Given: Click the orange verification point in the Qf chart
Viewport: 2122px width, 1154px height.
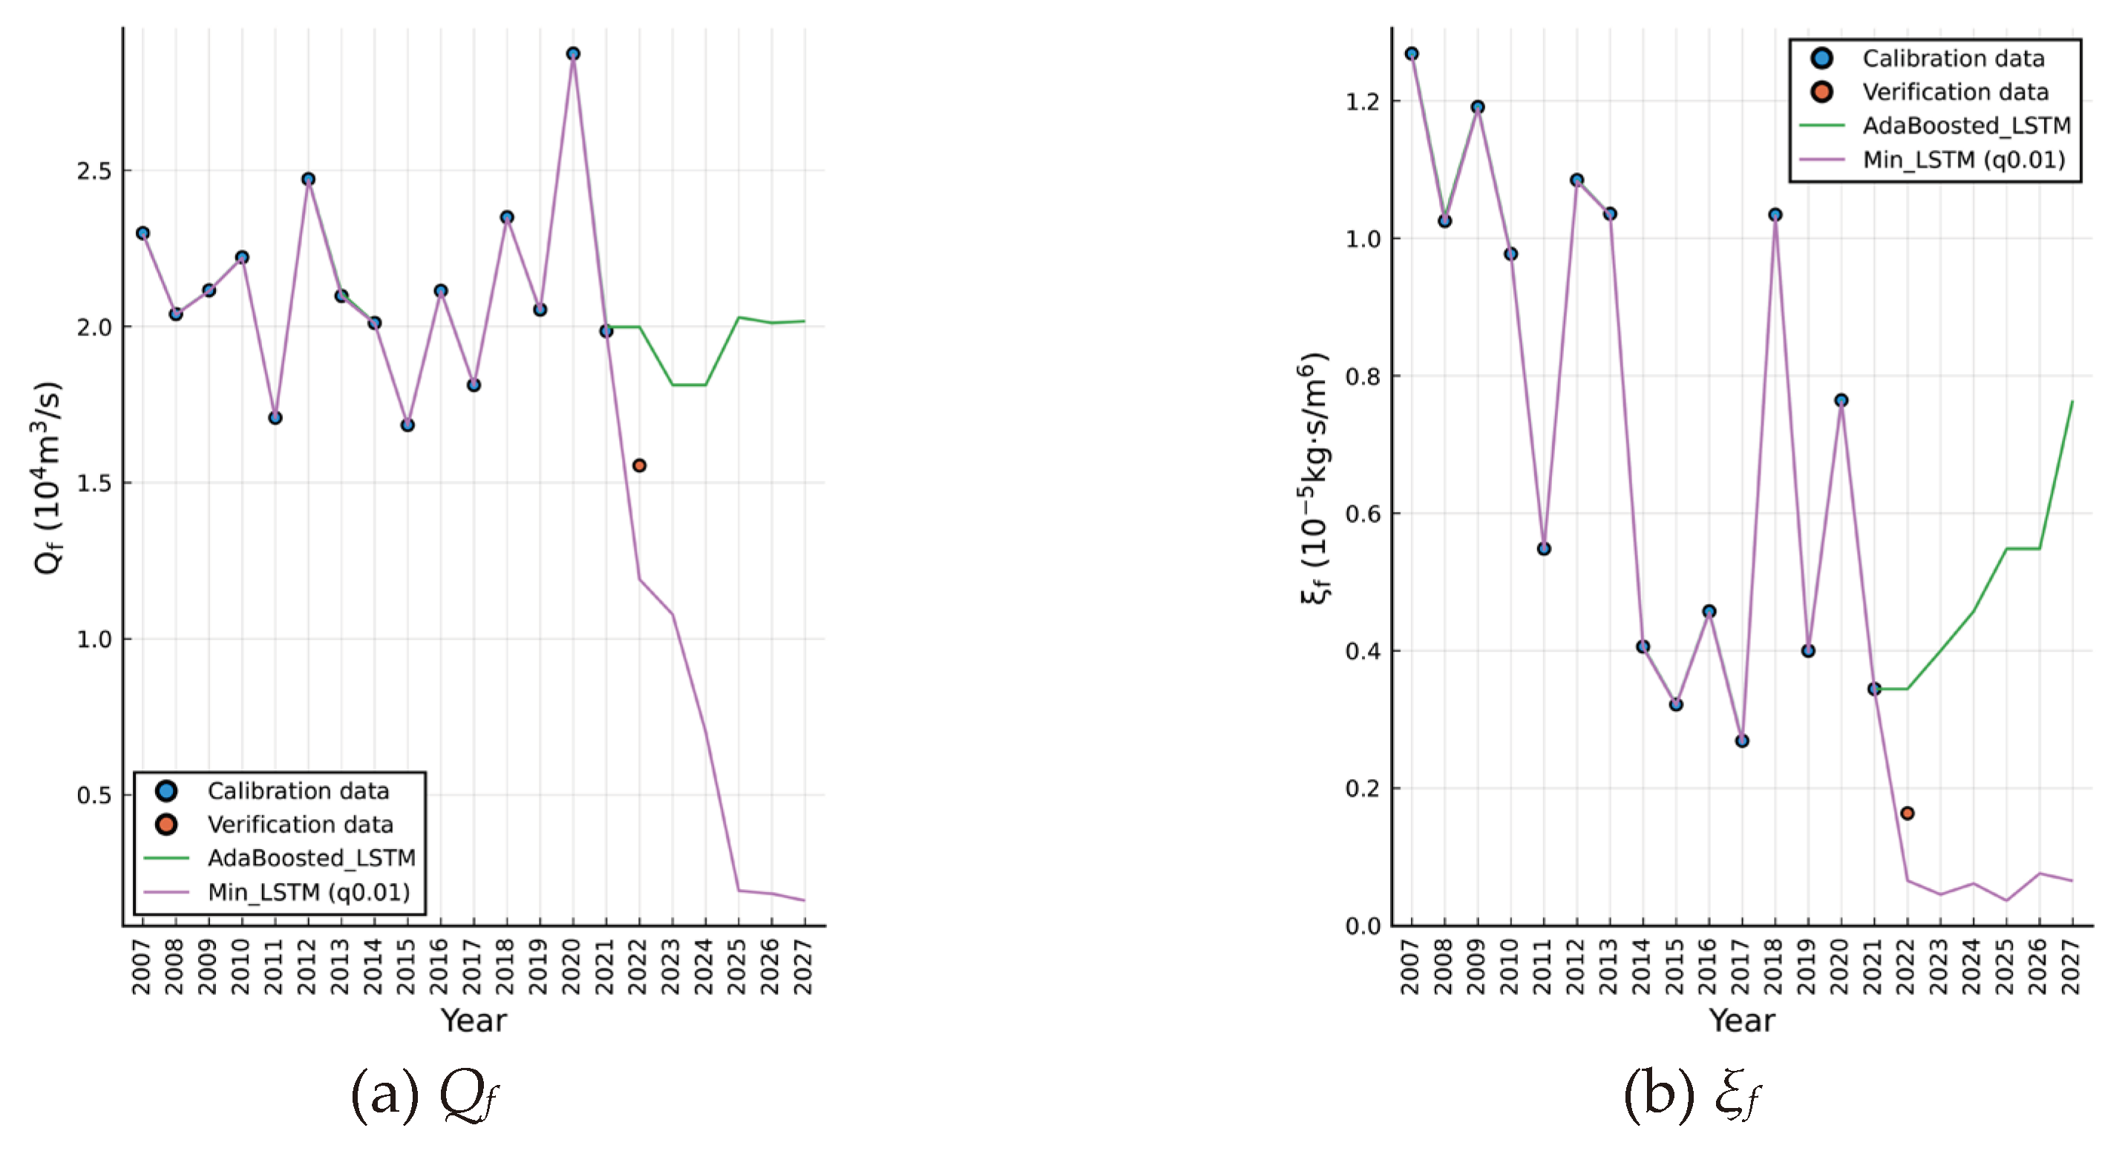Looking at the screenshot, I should (639, 465).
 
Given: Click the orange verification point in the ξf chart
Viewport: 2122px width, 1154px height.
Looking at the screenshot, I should (1907, 813).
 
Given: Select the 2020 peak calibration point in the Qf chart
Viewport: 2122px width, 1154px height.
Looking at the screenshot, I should (573, 53).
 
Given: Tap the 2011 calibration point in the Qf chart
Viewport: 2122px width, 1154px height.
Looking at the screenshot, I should (275, 418).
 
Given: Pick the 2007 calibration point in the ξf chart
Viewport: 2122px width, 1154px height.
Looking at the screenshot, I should (1412, 53).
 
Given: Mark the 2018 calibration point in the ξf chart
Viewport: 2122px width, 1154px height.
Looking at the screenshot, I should (1775, 214).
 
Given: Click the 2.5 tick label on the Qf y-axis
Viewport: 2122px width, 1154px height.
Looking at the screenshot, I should (93, 171).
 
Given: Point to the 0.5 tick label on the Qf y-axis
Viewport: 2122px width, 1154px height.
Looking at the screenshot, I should (93, 796).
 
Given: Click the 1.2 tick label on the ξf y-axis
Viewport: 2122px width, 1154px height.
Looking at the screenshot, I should (1363, 102).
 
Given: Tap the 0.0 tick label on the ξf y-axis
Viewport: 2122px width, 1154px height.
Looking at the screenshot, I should (1363, 927).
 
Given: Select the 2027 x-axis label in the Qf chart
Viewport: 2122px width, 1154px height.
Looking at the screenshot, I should (804, 967).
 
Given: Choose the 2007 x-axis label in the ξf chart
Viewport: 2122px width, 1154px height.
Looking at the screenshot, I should (1411, 967).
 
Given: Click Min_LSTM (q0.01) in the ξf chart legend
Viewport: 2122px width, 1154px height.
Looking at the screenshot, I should (1964, 160).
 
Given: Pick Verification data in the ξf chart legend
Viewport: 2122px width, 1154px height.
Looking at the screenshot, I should (1955, 92).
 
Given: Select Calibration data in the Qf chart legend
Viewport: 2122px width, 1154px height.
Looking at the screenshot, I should (298, 791).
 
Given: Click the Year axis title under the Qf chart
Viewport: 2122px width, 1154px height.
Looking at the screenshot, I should (474, 1020).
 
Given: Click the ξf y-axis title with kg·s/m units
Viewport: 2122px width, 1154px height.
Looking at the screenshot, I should (1313, 478).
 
